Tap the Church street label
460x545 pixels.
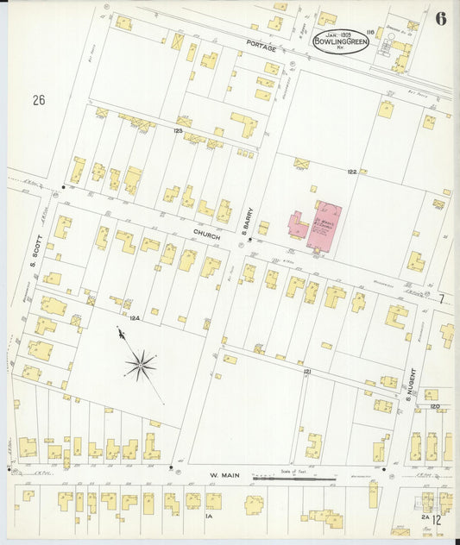coord(207,235)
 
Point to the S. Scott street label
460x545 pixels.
coord(35,254)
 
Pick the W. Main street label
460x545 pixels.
coord(226,474)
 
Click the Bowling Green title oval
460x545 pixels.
coord(341,41)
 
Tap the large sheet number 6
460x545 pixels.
coord(441,19)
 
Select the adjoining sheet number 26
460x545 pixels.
coord(38,100)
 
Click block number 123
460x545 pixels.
coord(178,130)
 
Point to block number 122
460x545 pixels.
coord(352,172)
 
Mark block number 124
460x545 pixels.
coord(135,318)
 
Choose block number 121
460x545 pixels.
coord(307,371)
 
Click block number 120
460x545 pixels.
coord(434,405)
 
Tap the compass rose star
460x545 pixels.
coord(140,365)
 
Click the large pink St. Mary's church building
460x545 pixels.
coord(325,227)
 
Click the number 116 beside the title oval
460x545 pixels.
coord(370,31)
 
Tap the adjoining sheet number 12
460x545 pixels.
coord(438,519)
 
